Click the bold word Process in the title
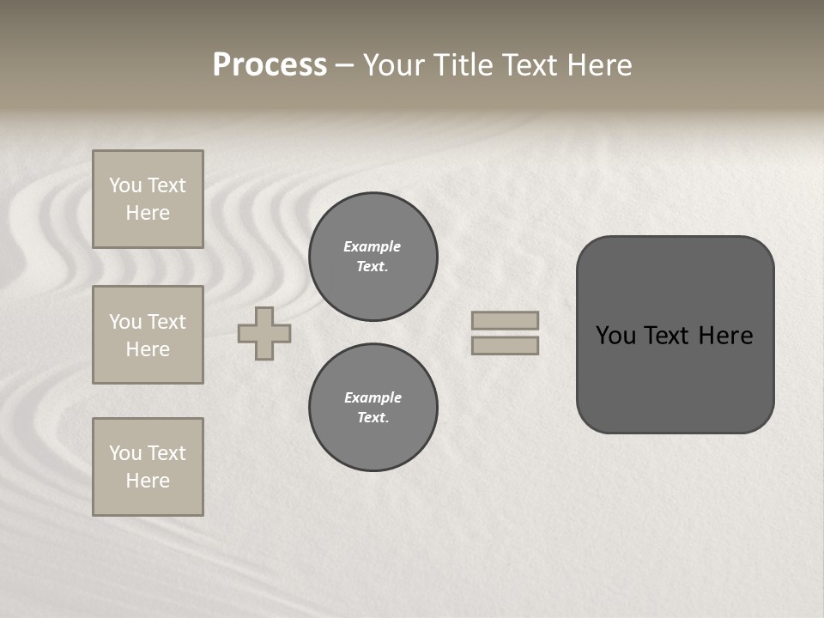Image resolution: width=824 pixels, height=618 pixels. [x=270, y=64]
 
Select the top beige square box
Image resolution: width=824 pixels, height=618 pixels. [x=148, y=199]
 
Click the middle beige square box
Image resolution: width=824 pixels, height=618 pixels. [x=148, y=335]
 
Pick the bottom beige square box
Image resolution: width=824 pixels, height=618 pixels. [x=148, y=467]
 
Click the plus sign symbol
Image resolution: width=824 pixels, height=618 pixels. [x=264, y=333]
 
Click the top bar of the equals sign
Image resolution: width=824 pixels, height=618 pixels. [x=505, y=321]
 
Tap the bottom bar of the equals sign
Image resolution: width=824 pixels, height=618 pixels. [x=505, y=346]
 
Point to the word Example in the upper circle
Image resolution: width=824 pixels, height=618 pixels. [x=373, y=246]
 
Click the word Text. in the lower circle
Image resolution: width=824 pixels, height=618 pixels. [x=373, y=417]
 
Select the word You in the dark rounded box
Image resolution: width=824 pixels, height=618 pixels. [x=615, y=336]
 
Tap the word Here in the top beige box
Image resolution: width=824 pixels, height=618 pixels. [x=148, y=213]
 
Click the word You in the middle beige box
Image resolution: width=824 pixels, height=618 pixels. [x=125, y=322]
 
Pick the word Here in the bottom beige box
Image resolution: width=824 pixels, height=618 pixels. [x=148, y=481]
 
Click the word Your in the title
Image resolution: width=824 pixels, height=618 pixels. [x=395, y=65]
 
